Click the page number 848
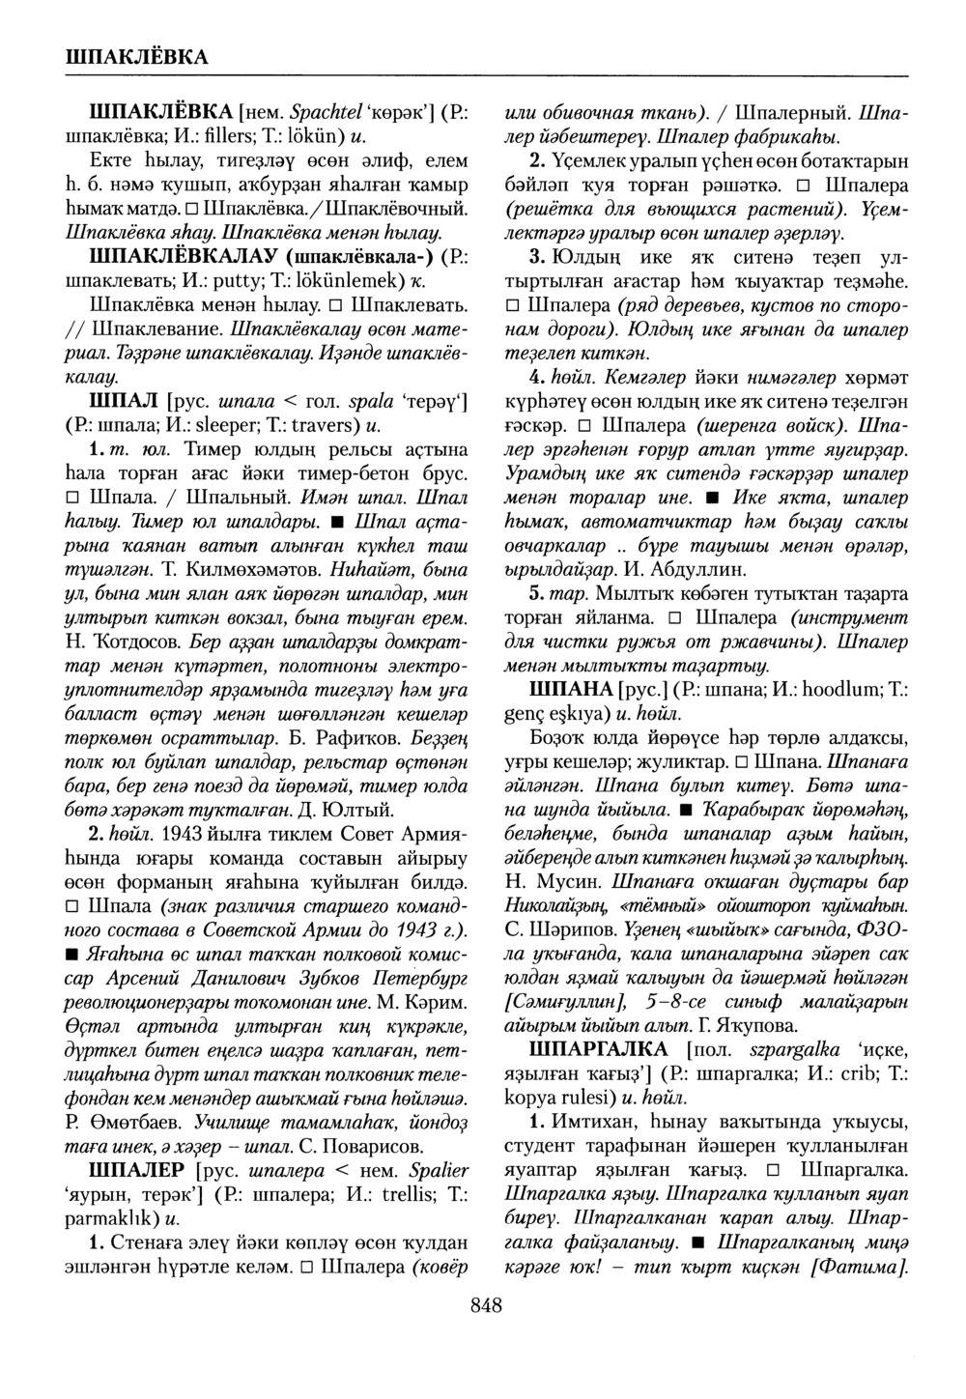(x=486, y=1306)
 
